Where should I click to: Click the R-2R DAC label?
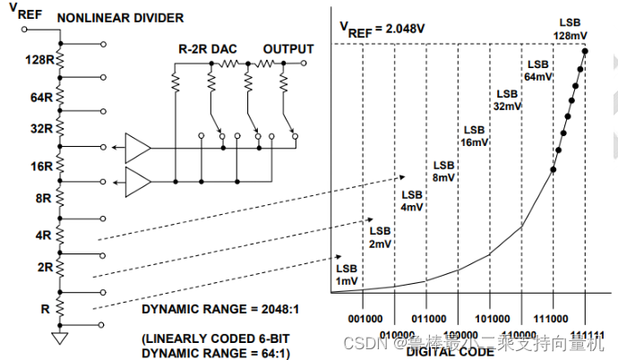(x=202, y=48)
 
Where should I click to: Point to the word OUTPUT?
(x=288, y=48)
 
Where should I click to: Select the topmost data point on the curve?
(x=585, y=51)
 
